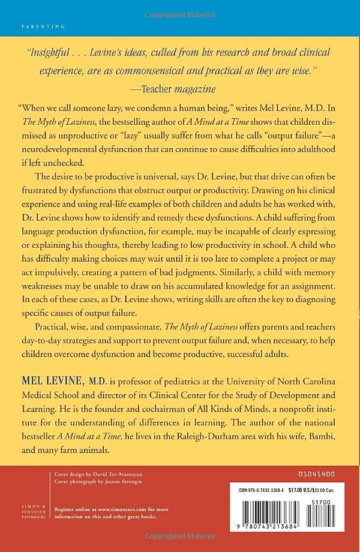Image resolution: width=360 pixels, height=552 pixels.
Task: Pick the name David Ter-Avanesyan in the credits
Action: (106, 474)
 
